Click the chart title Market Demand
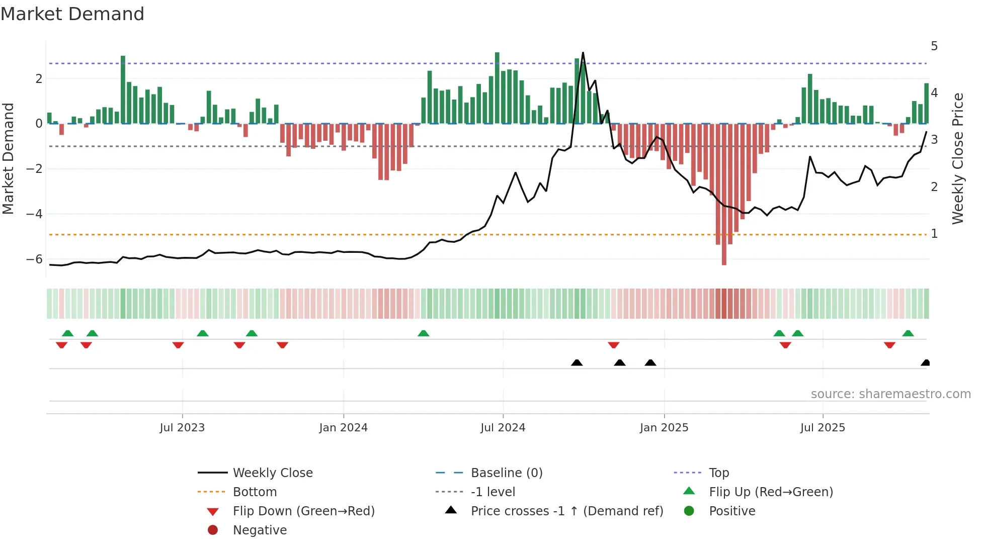coord(72,14)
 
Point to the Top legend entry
coord(718,473)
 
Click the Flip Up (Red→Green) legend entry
coord(771,492)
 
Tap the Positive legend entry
coord(731,511)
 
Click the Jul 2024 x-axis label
coord(503,428)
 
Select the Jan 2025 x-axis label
coord(664,428)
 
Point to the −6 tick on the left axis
coord(34,259)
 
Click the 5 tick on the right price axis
coord(934,46)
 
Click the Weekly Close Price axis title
coord(958,158)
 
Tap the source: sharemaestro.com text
coord(890,394)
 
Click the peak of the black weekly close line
coord(583,53)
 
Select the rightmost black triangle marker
coord(925,363)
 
